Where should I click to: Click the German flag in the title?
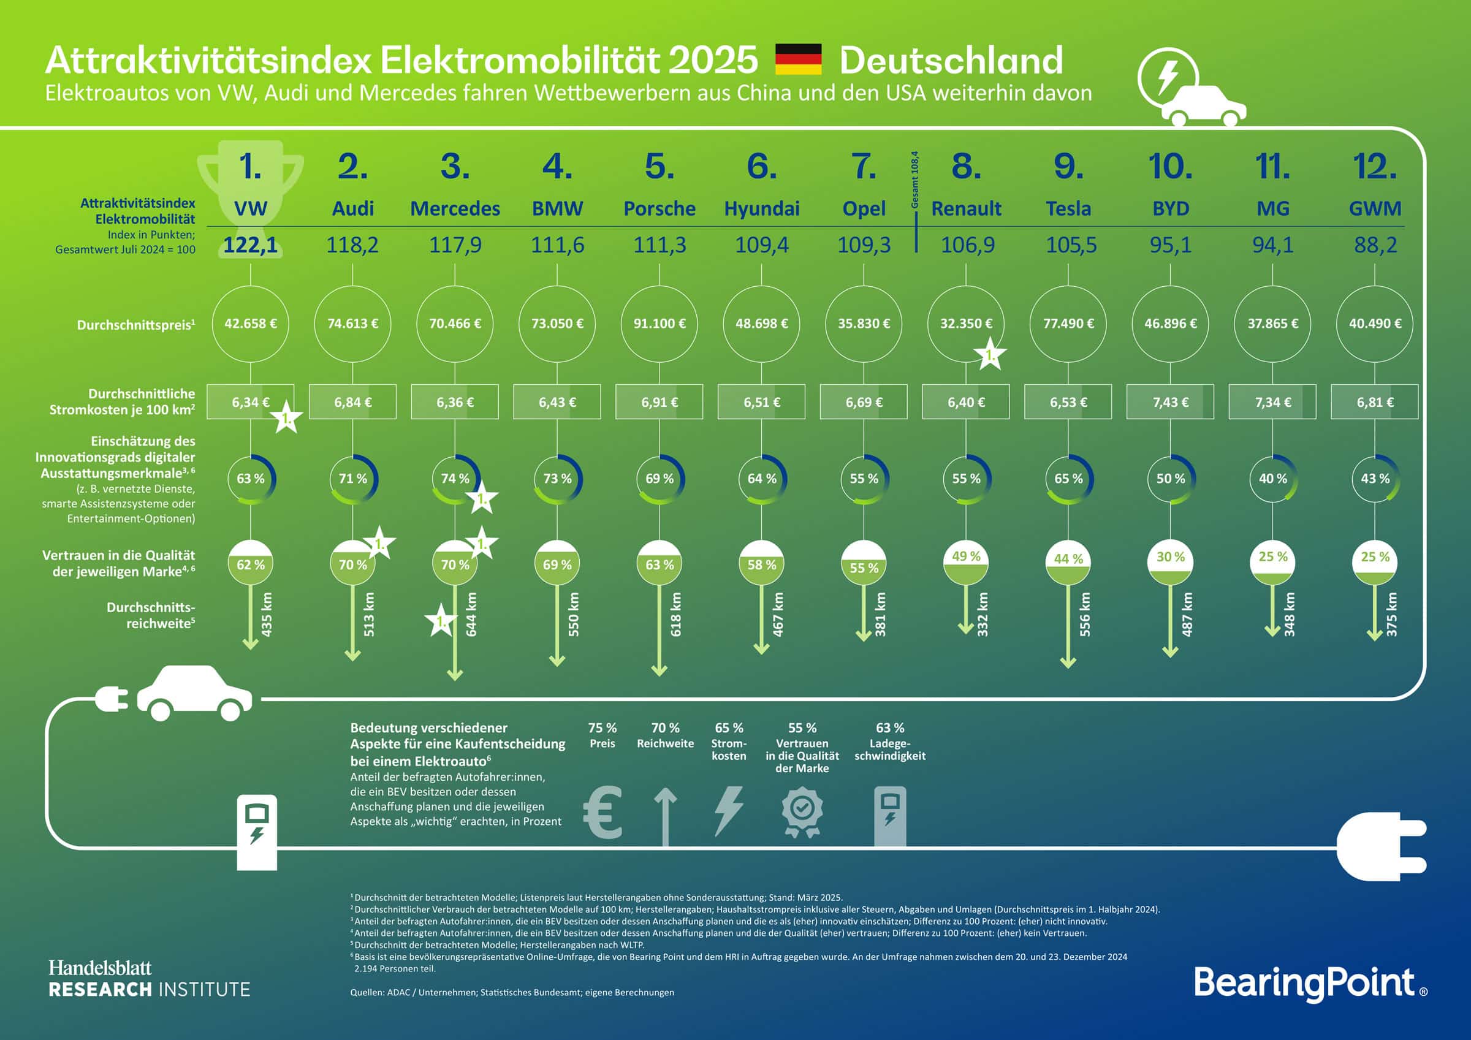click(x=798, y=59)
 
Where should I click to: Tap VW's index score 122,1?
click(x=251, y=245)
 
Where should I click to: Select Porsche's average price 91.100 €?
click(x=659, y=324)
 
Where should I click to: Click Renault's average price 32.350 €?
click(x=965, y=324)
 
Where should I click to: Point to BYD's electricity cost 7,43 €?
click(x=1170, y=403)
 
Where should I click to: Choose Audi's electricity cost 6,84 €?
click(x=352, y=403)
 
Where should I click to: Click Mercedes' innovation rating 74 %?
click(x=455, y=479)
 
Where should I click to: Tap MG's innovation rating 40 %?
click(x=1272, y=479)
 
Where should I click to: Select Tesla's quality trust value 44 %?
click(x=1068, y=559)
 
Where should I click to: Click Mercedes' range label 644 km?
click(x=471, y=614)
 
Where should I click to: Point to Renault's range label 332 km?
click(x=983, y=614)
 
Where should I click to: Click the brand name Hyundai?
click(x=762, y=208)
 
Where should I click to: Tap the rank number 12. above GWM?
click(x=1375, y=167)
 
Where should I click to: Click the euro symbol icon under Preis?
click(x=603, y=813)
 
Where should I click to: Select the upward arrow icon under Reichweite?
click(x=665, y=816)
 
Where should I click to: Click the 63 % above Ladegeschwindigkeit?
click(x=890, y=728)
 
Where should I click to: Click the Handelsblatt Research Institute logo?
click(x=150, y=979)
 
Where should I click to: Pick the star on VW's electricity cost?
click(x=286, y=419)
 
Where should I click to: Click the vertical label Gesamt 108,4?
click(x=915, y=180)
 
